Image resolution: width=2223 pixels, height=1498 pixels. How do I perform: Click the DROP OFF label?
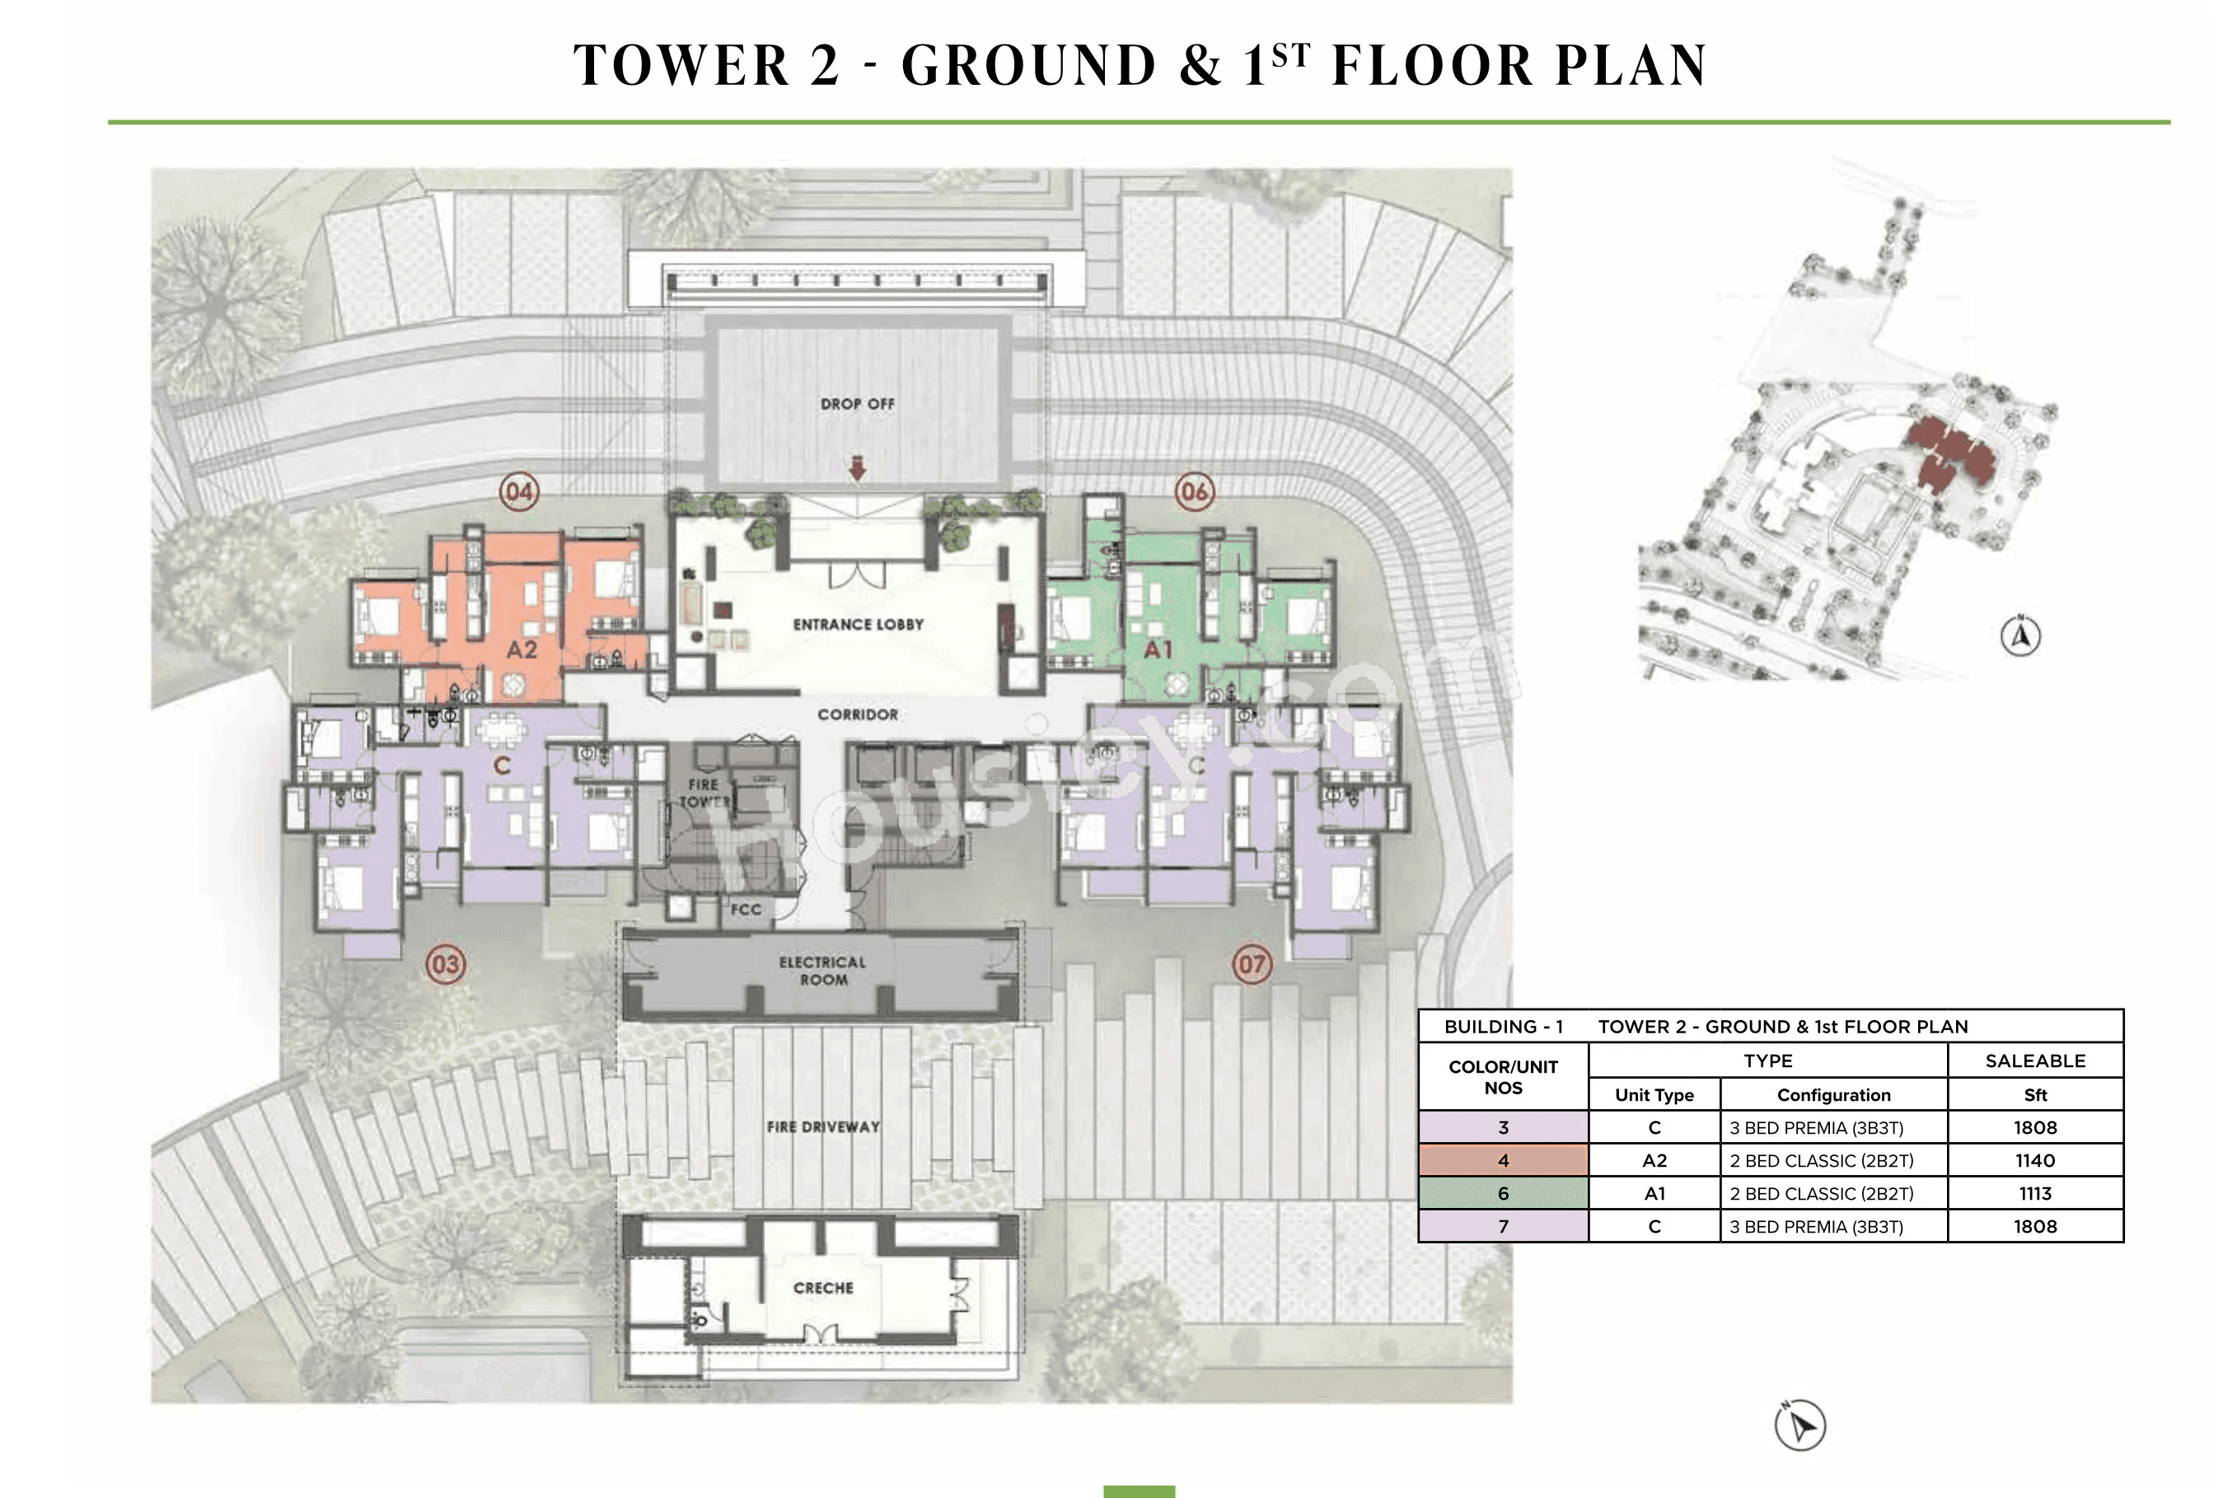pyautogui.click(x=857, y=404)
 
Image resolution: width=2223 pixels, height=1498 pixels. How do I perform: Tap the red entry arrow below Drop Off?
pyautogui.click(x=857, y=468)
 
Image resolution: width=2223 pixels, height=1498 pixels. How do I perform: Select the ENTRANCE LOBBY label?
pyautogui.click(x=858, y=624)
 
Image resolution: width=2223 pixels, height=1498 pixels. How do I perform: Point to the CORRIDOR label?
pyautogui.click(x=857, y=714)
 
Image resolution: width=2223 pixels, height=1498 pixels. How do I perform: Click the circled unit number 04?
pyautogui.click(x=519, y=491)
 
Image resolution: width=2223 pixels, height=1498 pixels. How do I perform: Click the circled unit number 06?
pyautogui.click(x=1194, y=491)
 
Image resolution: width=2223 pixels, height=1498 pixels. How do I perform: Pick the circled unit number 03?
pyautogui.click(x=445, y=963)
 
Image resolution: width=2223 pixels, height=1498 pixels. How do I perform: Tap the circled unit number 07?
pyautogui.click(x=1252, y=963)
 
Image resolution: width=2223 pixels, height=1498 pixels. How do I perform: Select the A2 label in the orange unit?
pyautogui.click(x=522, y=649)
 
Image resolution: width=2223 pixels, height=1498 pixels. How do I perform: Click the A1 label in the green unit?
pyautogui.click(x=1158, y=649)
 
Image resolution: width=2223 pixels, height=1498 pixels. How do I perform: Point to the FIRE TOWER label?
pyautogui.click(x=704, y=793)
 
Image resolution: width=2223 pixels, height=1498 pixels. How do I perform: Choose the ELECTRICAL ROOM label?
pyautogui.click(x=821, y=971)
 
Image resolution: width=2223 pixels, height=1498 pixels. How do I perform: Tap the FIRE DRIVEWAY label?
pyautogui.click(x=822, y=1126)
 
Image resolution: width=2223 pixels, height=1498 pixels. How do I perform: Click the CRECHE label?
pyautogui.click(x=822, y=1288)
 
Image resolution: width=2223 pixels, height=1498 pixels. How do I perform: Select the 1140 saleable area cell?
pyautogui.click(x=2035, y=1161)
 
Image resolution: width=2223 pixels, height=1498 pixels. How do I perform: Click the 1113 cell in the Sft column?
pyautogui.click(x=2035, y=1193)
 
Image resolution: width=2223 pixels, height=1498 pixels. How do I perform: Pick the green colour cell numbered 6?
pyautogui.click(x=1503, y=1193)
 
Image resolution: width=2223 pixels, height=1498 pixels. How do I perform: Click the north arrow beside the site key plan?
pyautogui.click(x=2019, y=635)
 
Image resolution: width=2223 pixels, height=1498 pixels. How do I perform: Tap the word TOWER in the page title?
pyautogui.click(x=681, y=65)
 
